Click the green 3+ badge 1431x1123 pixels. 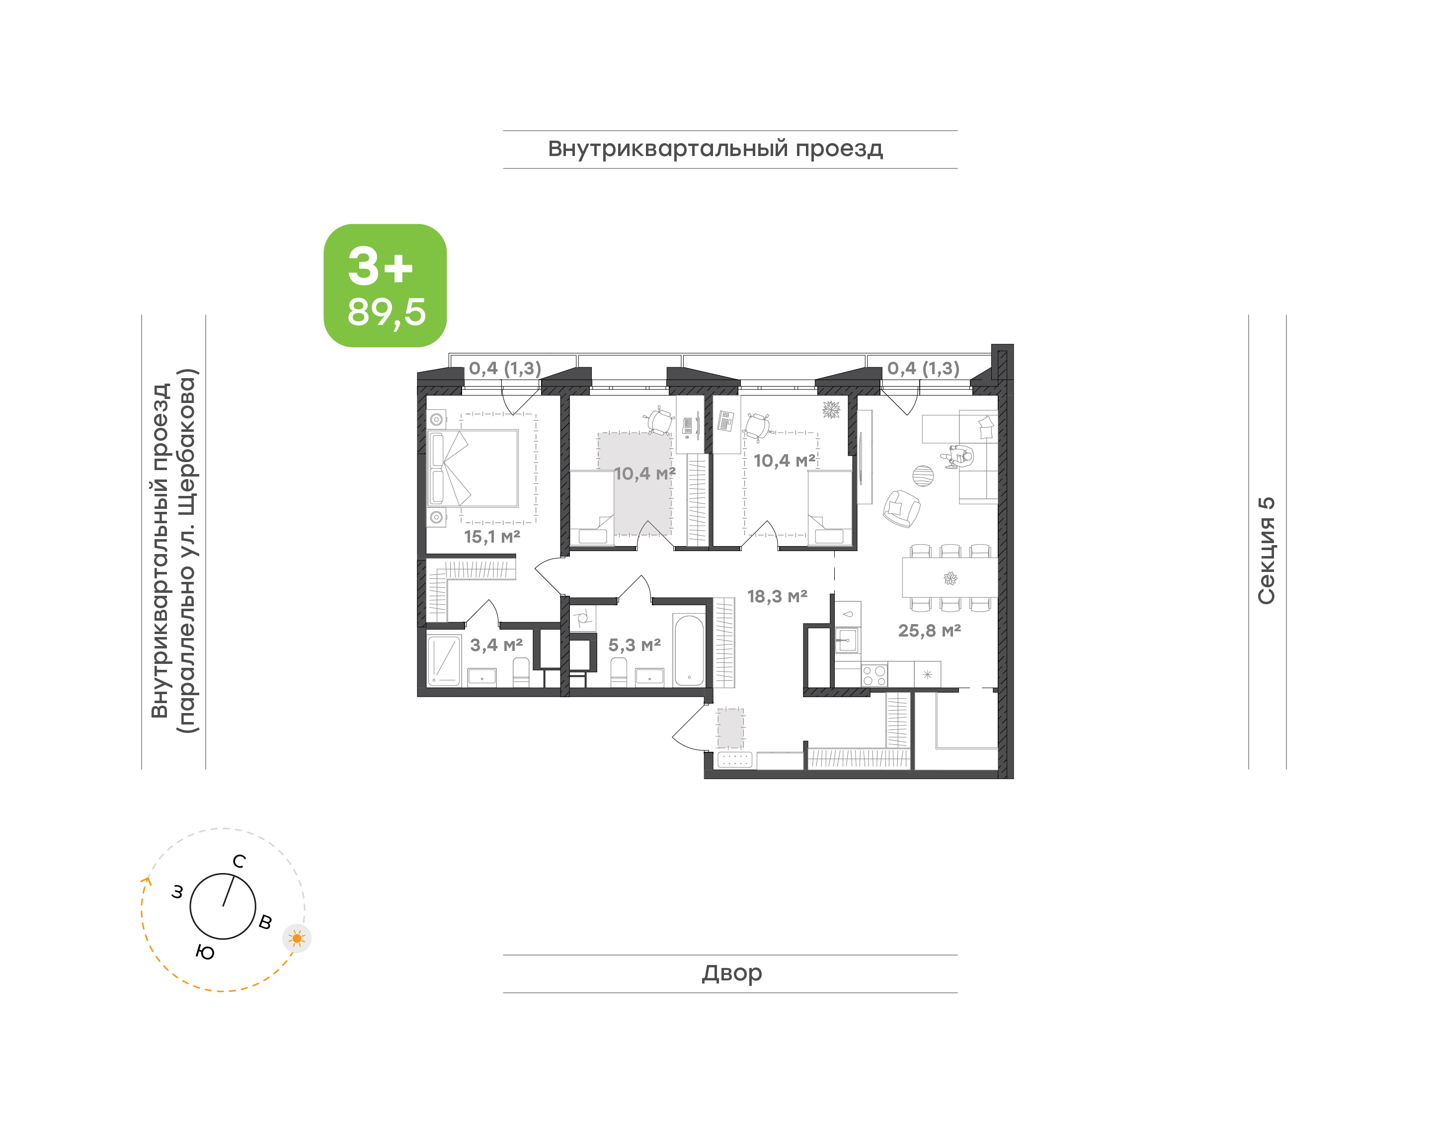(x=385, y=285)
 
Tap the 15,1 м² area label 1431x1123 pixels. (x=492, y=537)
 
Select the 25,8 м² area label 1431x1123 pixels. (x=930, y=631)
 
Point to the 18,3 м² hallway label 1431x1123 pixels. (x=777, y=596)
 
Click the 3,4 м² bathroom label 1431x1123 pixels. (x=496, y=645)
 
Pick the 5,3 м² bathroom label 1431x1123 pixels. (x=635, y=645)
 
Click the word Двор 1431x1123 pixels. (x=731, y=973)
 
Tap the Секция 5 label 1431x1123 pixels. (x=1266, y=551)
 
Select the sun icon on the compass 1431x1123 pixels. (x=297, y=938)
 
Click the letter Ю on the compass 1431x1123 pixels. (x=205, y=952)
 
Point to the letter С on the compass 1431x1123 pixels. (x=239, y=861)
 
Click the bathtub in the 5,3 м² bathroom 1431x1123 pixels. (x=689, y=649)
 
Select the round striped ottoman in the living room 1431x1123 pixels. (x=923, y=476)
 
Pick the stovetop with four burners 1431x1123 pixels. (x=874, y=676)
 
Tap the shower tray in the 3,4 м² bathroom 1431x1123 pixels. (x=444, y=659)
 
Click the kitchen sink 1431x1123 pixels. (x=847, y=640)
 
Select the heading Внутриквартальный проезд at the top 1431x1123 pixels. (x=715, y=149)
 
